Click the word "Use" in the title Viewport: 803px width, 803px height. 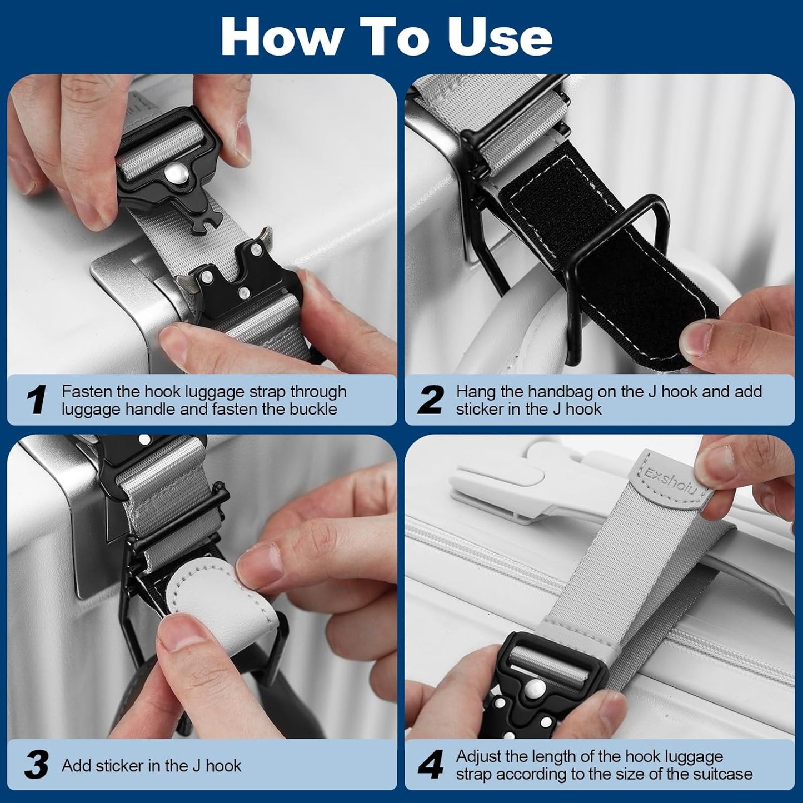pos(500,37)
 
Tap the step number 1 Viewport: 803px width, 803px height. pos(36,400)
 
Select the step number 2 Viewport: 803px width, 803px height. pos(431,400)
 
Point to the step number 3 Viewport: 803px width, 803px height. pos(36,765)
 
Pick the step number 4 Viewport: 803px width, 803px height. pos(431,765)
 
